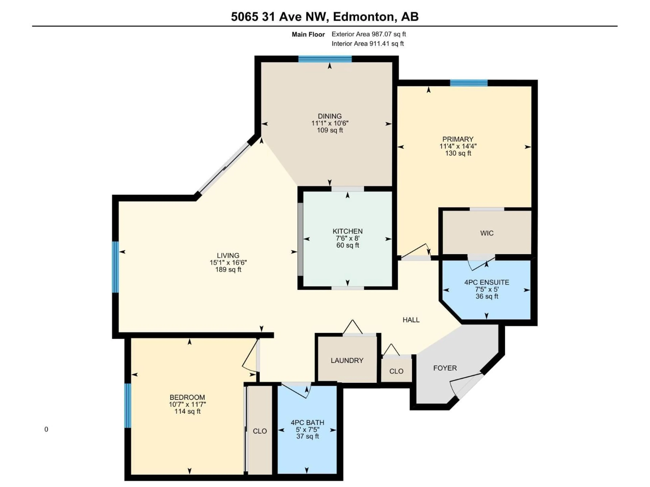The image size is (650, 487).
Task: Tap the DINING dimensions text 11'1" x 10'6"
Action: tap(330, 123)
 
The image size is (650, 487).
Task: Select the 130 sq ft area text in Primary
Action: tap(458, 153)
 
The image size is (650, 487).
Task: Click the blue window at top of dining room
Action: tap(325, 59)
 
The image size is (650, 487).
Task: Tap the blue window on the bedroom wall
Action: tap(127, 405)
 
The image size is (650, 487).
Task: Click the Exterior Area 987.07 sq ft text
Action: tap(369, 34)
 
